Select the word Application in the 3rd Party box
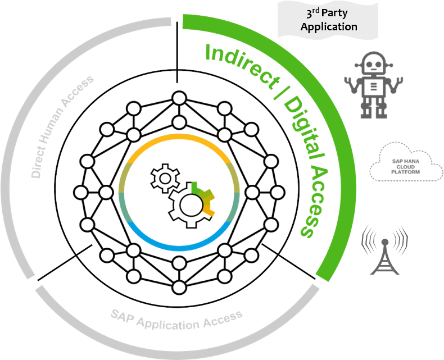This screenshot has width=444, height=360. [x=329, y=26]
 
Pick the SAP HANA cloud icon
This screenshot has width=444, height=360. [x=406, y=162]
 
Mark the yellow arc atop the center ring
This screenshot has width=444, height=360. [x=180, y=138]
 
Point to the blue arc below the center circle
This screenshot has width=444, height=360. [x=180, y=246]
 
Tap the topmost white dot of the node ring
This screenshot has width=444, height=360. [x=179, y=98]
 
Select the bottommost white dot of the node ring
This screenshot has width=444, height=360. [x=179, y=287]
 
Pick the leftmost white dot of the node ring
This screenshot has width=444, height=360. [x=81, y=193]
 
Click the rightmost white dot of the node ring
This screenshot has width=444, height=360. [x=277, y=193]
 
